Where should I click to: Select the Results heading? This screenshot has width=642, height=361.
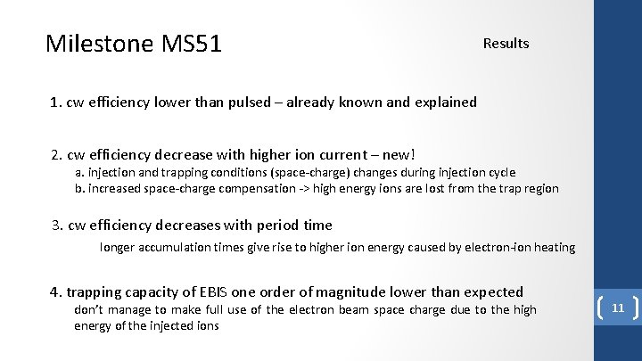pos(506,43)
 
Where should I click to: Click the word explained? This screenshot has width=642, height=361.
pos(444,102)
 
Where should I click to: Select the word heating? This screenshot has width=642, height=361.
pos(553,247)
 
